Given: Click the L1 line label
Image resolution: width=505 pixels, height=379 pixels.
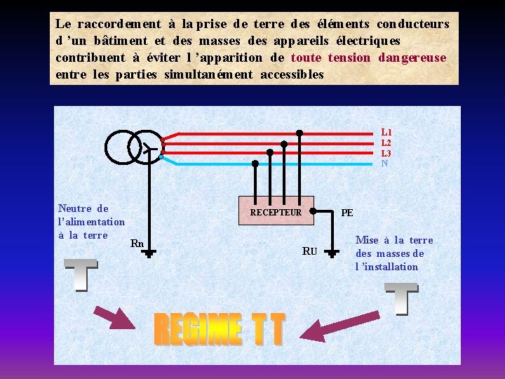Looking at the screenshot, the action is click(x=386, y=132).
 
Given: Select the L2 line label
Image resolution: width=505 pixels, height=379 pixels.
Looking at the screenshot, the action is click(x=386, y=143).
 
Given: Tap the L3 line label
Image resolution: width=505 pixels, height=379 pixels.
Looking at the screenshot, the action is click(x=386, y=153).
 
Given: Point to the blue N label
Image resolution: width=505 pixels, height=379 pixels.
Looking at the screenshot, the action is click(x=384, y=164).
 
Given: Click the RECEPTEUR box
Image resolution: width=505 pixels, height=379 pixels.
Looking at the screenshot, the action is click(x=276, y=212).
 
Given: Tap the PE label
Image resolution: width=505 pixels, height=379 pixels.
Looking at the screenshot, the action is click(x=347, y=213).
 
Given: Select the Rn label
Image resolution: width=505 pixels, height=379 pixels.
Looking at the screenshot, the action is click(x=137, y=244).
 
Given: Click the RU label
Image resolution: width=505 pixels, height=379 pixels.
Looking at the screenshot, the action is click(x=309, y=251).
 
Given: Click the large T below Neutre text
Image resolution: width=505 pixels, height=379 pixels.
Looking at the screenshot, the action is click(x=81, y=274).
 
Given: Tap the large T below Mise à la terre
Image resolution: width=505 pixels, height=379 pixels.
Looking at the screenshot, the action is click(x=401, y=298).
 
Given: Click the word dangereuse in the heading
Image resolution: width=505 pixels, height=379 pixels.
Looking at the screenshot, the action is click(x=412, y=58).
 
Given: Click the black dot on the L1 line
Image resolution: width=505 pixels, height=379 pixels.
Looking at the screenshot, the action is click(x=299, y=133).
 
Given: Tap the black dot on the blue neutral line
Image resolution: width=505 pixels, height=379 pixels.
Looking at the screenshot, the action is click(x=255, y=163).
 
